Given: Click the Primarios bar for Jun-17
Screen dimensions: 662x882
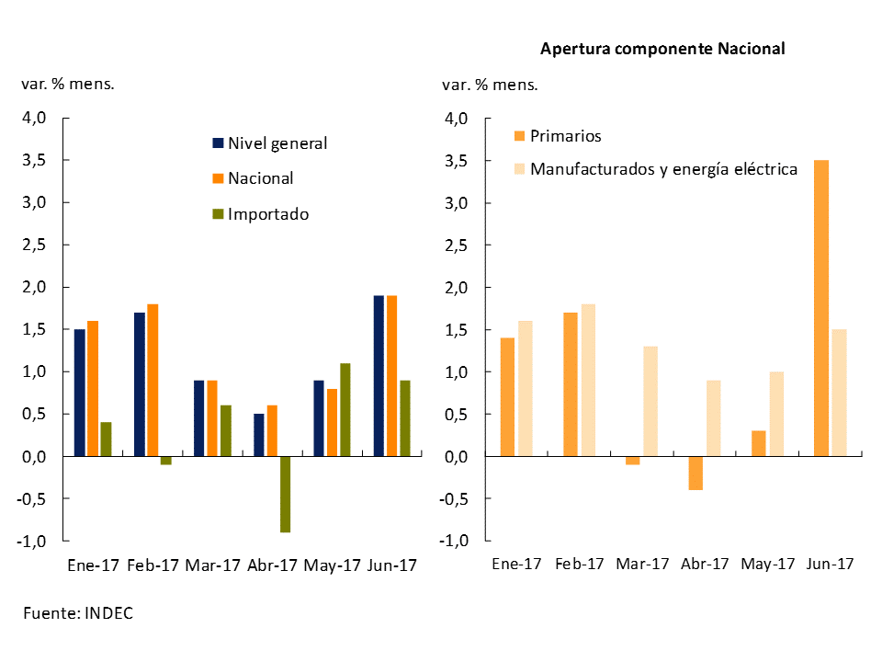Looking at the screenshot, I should [x=820, y=308].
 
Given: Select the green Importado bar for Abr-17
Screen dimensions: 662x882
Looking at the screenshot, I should [x=285, y=494].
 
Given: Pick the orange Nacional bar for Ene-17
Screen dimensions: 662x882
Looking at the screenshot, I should [x=92, y=388].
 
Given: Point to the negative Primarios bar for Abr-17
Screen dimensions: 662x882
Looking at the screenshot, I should [x=695, y=473].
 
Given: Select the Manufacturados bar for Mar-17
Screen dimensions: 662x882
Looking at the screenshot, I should [x=651, y=401].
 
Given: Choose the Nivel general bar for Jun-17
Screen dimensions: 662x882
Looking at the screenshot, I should [x=379, y=375].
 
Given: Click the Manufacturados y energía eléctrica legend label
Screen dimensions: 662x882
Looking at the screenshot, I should [x=663, y=169].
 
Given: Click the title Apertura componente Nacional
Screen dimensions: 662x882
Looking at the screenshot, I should [x=661, y=49].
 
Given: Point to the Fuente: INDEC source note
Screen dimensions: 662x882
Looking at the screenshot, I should [x=78, y=613].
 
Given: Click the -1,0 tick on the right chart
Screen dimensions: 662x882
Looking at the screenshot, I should [x=455, y=542].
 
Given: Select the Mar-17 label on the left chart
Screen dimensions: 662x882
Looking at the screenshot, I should [x=212, y=565].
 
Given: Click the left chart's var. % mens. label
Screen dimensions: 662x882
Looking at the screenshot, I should [x=68, y=84].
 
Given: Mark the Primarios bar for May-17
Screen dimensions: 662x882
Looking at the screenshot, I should [x=758, y=443].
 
